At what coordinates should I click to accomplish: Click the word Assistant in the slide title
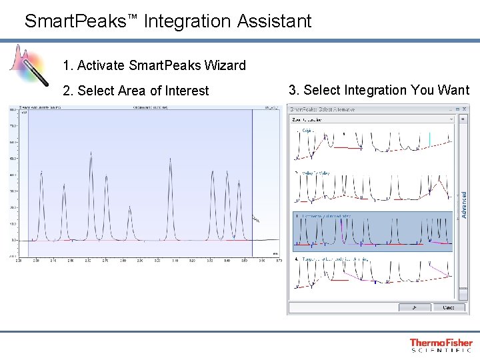pyautogui.click(x=274, y=21)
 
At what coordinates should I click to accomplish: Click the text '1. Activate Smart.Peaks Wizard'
pyautogui.click(x=154, y=65)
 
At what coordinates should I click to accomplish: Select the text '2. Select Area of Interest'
pyautogui.click(x=135, y=91)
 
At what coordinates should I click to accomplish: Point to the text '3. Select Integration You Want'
pyautogui.click(x=379, y=90)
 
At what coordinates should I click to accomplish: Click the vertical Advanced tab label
pyautogui.click(x=464, y=205)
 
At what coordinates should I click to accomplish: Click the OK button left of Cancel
pyautogui.click(x=413, y=307)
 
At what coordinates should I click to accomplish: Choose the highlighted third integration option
pyautogui.click(x=372, y=231)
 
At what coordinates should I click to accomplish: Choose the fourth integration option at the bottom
pyautogui.click(x=372, y=273)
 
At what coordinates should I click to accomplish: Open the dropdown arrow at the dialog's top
pyautogui.click(x=451, y=119)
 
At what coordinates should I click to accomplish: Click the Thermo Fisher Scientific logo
pyautogui.click(x=441, y=345)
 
